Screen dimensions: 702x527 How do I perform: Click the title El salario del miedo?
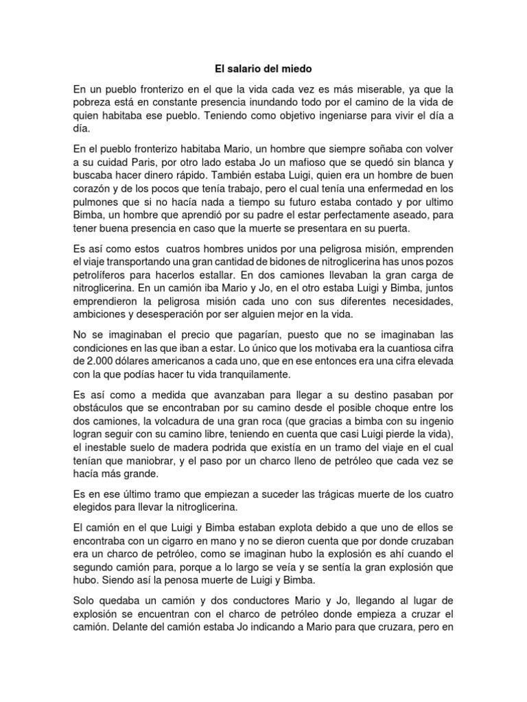(x=263, y=69)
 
